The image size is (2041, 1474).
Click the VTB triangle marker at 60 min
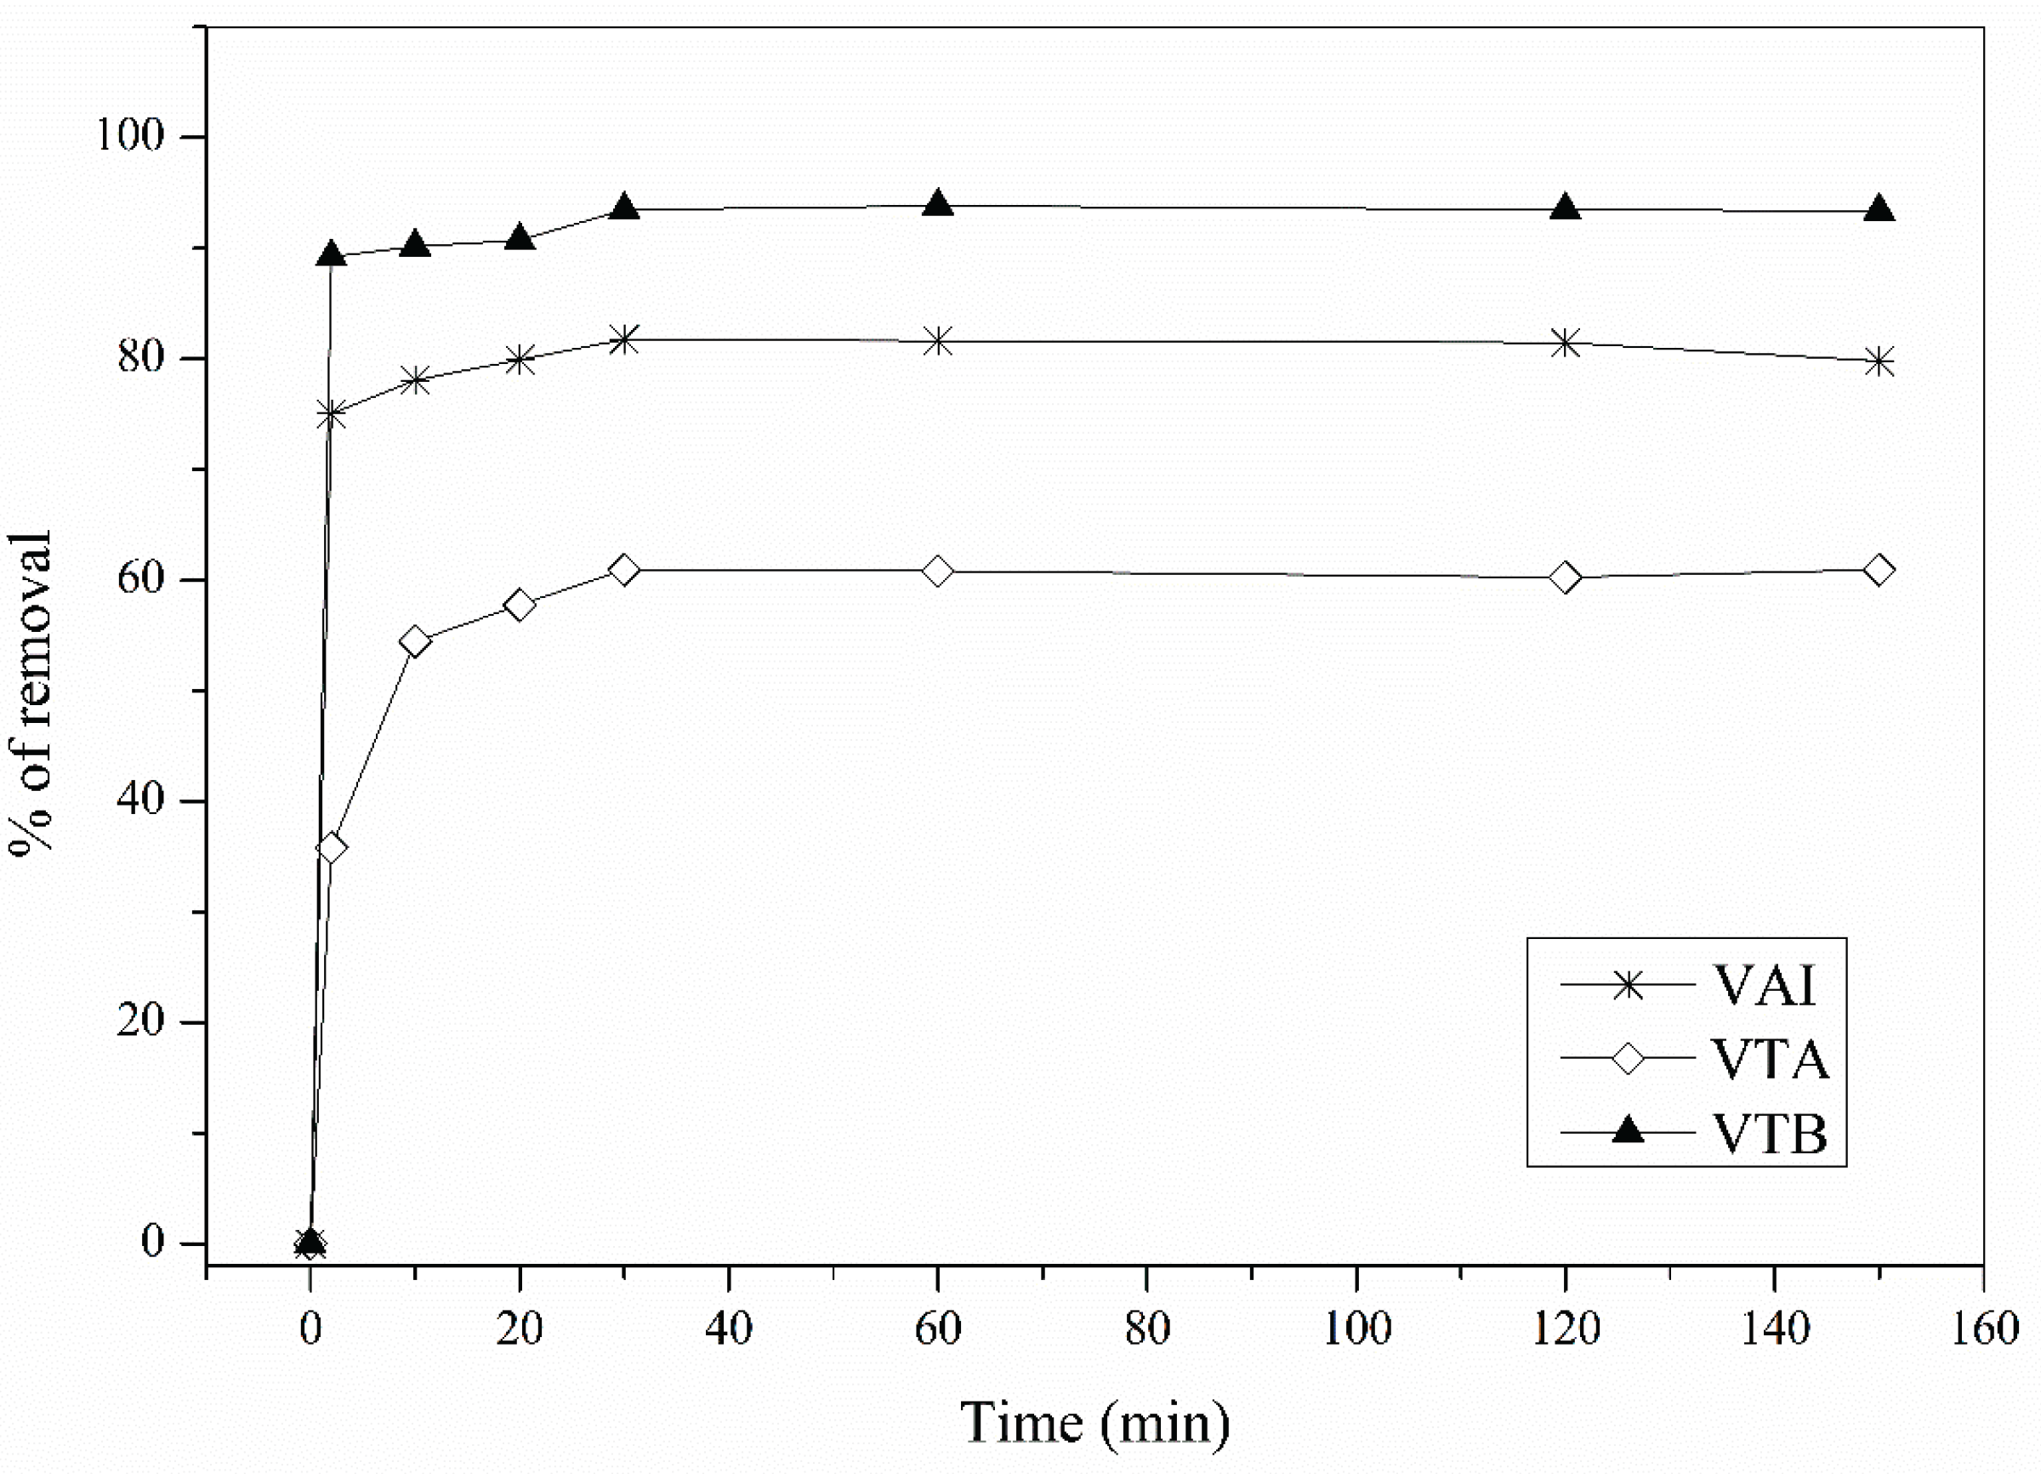coord(938,203)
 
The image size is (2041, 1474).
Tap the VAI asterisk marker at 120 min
coord(1566,343)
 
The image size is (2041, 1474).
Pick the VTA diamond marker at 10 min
coord(415,641)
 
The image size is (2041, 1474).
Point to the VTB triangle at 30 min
coord(623,208)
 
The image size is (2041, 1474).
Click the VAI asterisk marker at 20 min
coord(520,360)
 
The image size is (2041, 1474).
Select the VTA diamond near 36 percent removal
coord(331,848)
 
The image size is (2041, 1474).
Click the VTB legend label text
coord(1769,1134)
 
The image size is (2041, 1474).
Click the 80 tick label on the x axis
coord(1146,1329)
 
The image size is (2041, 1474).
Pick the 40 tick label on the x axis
coord(728,1329)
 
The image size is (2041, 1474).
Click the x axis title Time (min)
coord(1094,1423)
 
